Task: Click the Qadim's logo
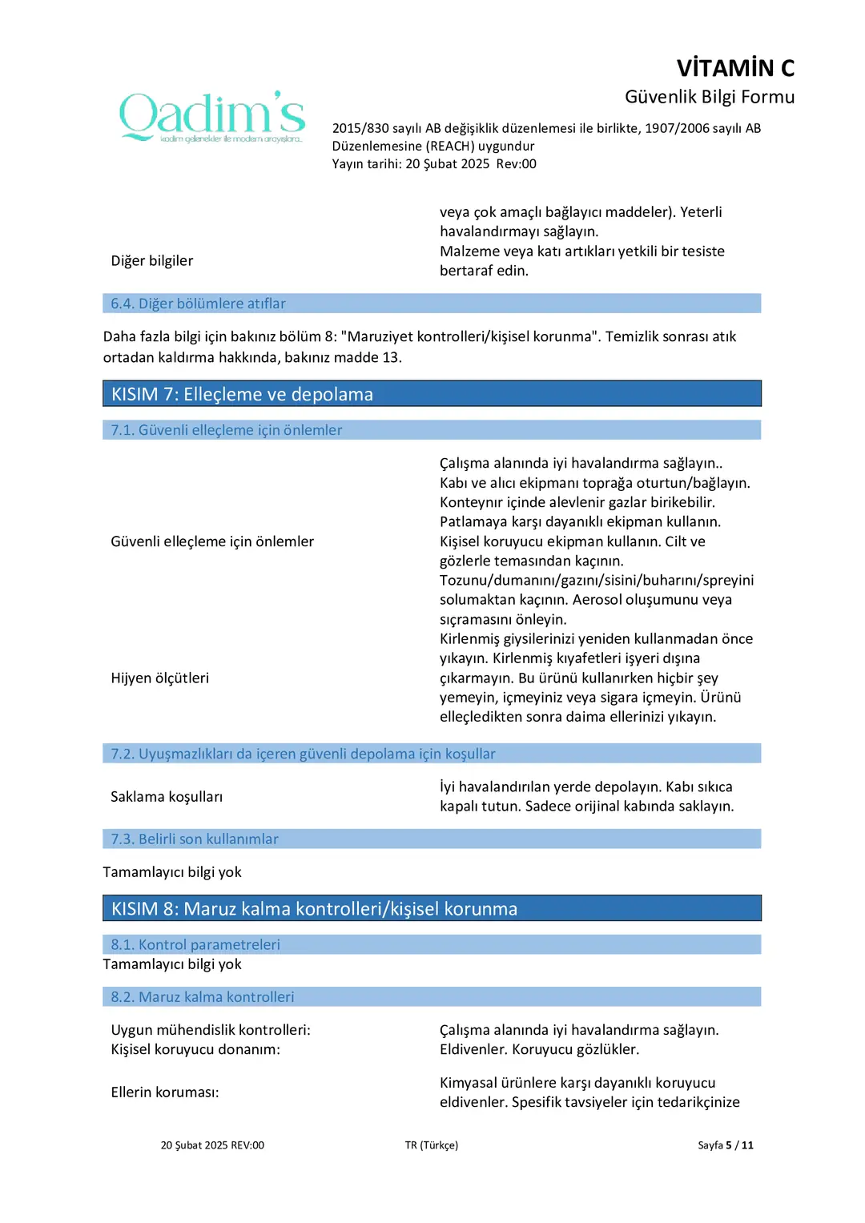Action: click(212, 117)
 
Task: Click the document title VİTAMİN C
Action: click(735, 68)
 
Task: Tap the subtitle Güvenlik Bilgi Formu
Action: click(710, 97)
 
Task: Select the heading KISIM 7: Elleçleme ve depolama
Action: click(242, 394)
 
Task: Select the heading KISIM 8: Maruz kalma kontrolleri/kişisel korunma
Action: click(314, 909)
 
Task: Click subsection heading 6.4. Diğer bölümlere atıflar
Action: click(198, 304)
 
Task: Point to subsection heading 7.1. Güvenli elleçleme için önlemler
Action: click(226, 430)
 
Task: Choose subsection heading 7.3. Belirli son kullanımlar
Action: click(195, 839)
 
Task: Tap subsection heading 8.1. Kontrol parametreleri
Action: click(195, 944)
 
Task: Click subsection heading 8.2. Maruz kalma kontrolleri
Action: click(203, 996)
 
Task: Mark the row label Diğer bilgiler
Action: click(152, 261)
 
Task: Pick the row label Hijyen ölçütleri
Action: click(160, 678)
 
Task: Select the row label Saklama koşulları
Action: click(167, 797)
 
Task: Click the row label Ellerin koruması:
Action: click(165, 1092)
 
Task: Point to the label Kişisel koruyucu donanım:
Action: click(195, 1049)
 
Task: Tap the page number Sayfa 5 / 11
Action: click(725, 1145)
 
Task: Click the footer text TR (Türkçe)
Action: click(431, 1145)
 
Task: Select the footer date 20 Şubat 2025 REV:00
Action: click(212, 1145)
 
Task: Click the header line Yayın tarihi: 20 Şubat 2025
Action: click(411, 164)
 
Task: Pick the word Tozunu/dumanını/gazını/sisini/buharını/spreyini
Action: click(597, 581)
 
